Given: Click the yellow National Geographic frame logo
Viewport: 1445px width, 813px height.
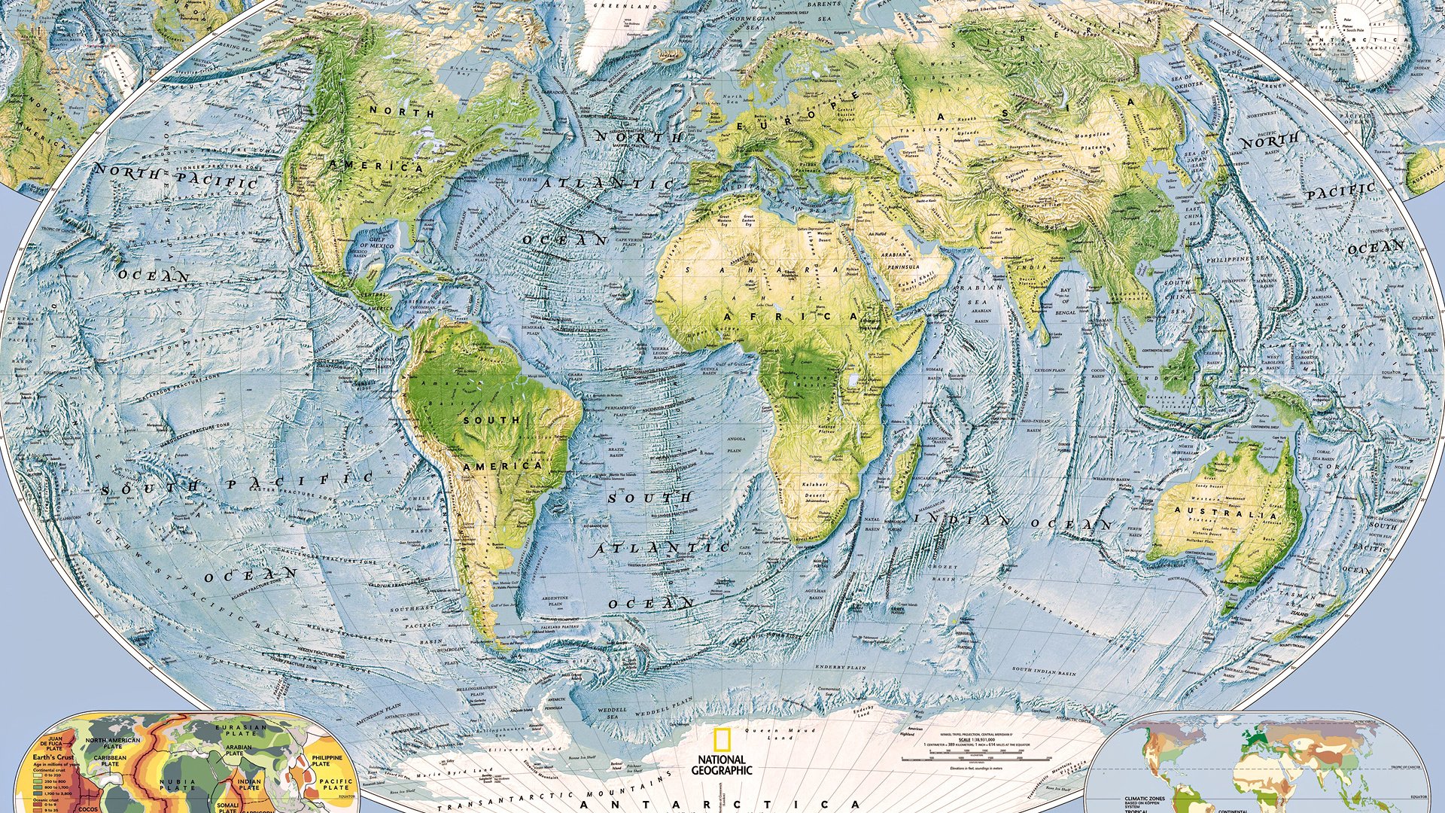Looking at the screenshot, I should click(x=722, y=741).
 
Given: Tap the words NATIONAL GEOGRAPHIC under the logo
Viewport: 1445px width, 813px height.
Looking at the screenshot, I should click(x=722, y=765).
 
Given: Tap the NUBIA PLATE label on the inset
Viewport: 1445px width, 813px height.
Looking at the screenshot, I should click(x=178, y=786).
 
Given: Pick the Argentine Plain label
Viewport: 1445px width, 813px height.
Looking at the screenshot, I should click(x=555, y=601).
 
